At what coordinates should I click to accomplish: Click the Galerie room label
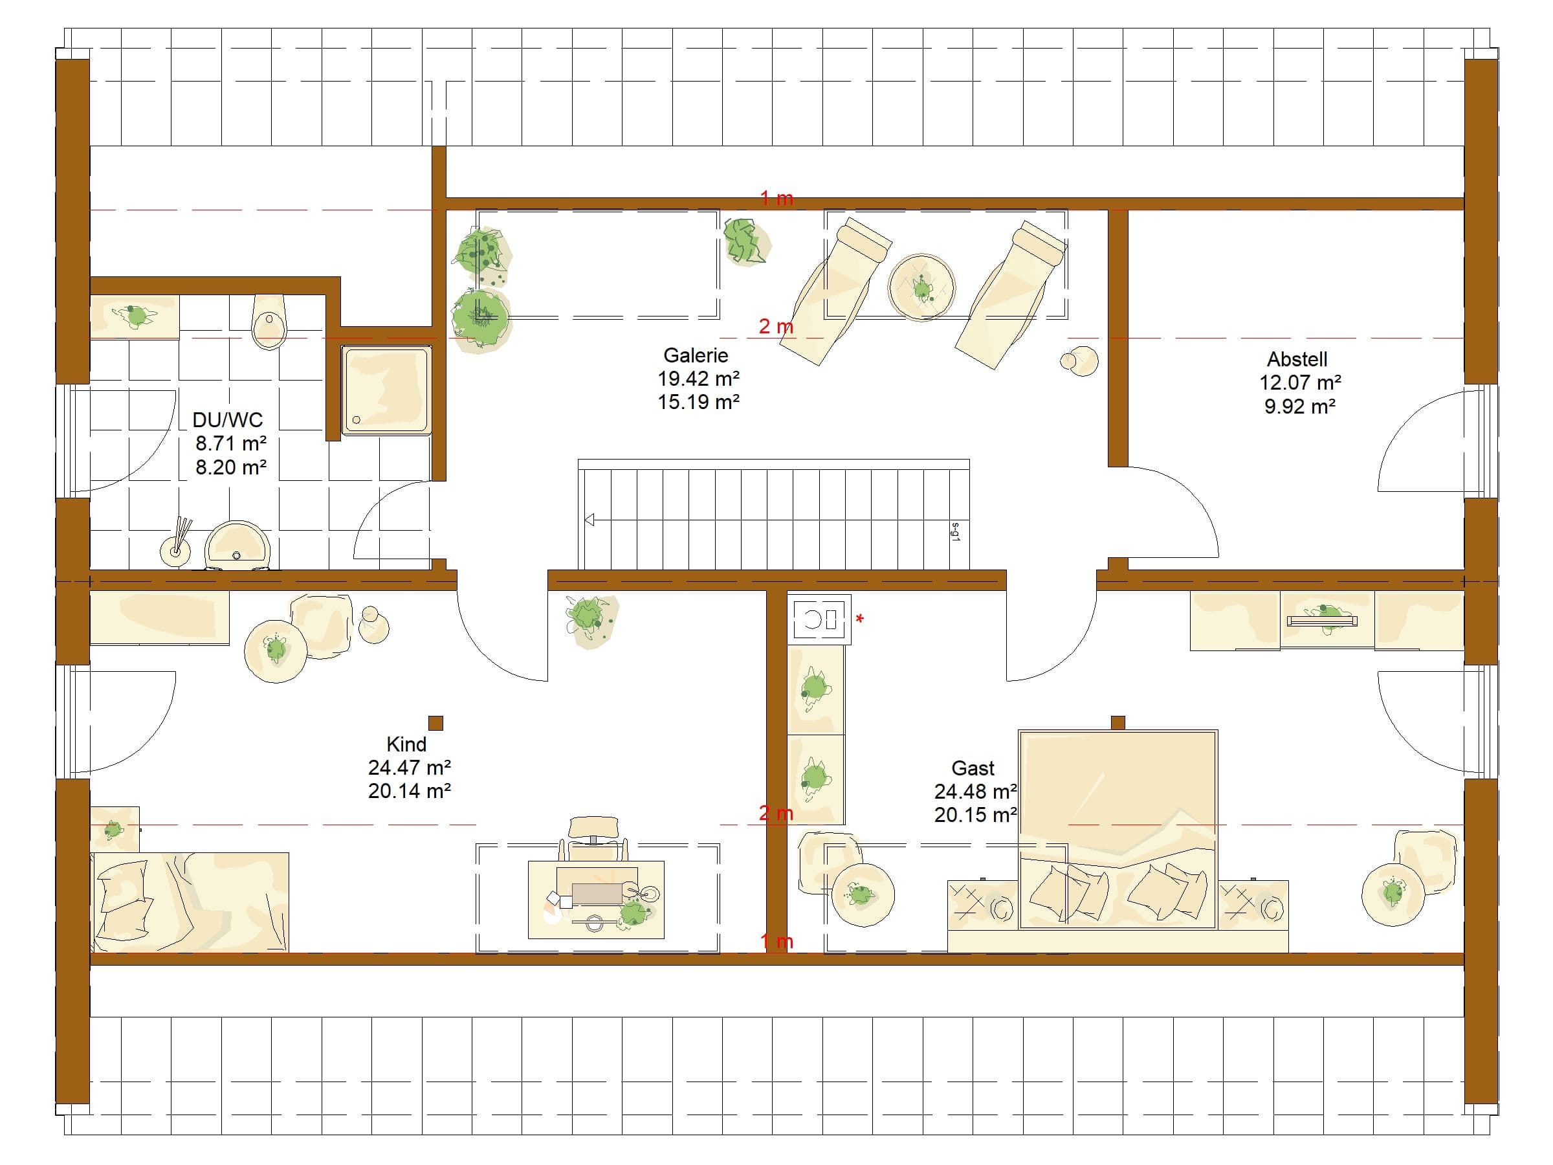696,355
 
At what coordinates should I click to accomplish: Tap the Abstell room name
1297,360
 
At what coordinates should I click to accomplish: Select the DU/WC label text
228,420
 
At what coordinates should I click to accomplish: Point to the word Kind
406,744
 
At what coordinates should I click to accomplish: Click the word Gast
973,768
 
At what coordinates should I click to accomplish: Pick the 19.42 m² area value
699,379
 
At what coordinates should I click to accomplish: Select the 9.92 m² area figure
1299,406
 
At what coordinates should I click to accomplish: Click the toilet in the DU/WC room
269,322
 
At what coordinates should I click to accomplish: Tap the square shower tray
386,389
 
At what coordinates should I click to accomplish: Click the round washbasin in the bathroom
237,544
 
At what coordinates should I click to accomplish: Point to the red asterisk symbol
860,619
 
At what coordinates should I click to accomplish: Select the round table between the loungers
921,287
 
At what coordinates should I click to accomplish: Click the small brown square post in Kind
435,724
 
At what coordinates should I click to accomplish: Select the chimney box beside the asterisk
819,619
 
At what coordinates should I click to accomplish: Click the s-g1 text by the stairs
956,530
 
